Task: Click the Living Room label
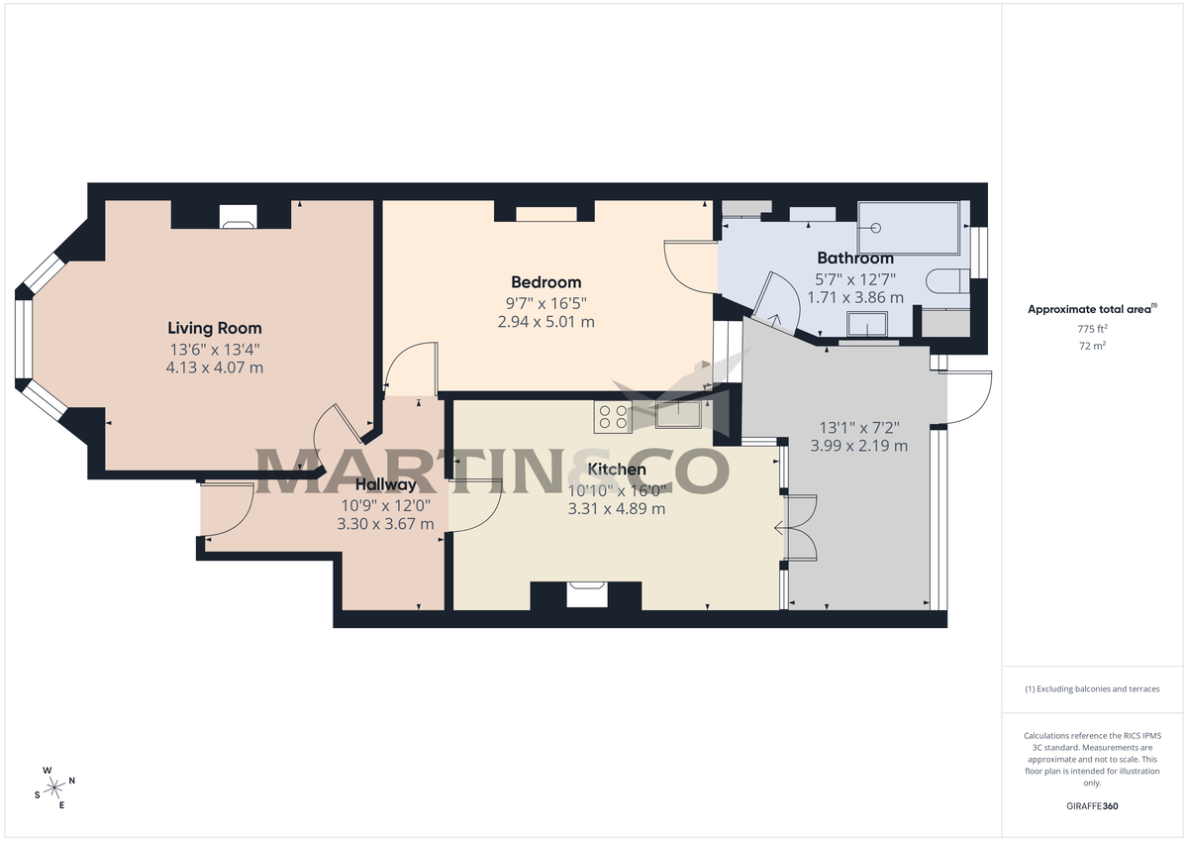click(214, 328)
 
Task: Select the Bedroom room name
click(545, 282)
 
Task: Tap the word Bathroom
click(854, 259)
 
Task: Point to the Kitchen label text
click(616, 470)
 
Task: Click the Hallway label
click(385, 484)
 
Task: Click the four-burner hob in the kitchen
click(613, 418)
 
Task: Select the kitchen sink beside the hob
click(678, 415)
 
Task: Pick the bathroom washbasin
click(868, 323)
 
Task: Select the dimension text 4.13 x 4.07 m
click(214, 368)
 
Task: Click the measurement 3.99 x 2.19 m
click(858, 446)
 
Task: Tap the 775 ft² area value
click(1091, 328)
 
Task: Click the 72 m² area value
click(1091, 346)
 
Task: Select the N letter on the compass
click(71, 781)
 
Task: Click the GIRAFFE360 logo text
click(1091, 806)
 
